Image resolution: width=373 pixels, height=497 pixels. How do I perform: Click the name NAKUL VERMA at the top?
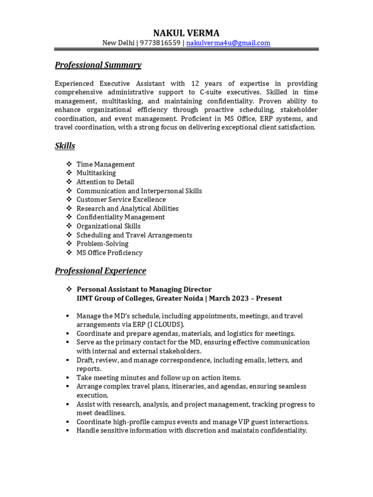[186, 33]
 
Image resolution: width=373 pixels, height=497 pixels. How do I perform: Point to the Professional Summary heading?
[98, 65]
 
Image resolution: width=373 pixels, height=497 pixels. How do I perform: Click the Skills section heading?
[65, 146]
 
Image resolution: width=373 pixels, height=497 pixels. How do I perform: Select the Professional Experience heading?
[100, 271]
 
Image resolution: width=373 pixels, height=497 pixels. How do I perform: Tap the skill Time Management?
[105, 165]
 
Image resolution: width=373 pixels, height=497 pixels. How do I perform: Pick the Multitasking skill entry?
[96, 173]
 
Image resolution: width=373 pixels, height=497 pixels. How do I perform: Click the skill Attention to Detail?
[105, 182]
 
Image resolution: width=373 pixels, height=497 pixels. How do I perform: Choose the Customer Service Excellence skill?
[121, 199]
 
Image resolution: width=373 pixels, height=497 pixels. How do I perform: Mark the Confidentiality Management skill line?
[120, 217]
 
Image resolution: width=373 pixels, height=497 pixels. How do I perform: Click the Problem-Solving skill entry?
[102, 244]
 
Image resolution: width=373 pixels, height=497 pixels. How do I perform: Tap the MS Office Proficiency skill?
[109, 252]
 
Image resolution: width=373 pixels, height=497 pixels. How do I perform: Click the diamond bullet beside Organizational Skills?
[68, 226]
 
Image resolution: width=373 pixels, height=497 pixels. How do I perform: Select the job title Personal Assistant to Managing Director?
[144, 289]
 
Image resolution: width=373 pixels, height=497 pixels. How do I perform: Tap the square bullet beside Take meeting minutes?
[68, 378]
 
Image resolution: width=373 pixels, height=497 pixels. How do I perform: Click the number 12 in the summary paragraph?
[195, 83]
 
